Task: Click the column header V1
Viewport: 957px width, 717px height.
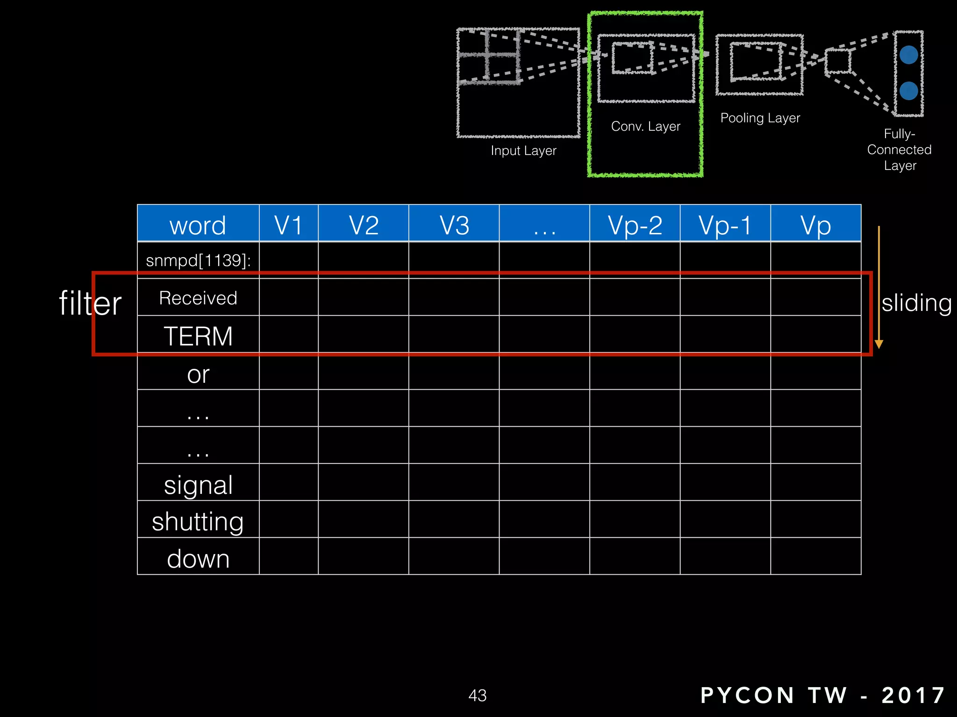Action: (x=288, y=225)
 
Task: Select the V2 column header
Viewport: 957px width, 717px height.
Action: (x=364, y=225)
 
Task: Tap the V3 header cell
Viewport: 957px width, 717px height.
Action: (x=454, y=225)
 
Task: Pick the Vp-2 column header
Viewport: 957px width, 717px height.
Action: (x=635, y=225)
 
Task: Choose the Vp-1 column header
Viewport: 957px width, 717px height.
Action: (x=725, y=225)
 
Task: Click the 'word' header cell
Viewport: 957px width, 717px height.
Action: (x=198, y=225)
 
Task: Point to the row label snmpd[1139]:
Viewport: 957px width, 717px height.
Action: (x=198, y=260)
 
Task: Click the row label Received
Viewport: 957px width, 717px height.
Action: (x=198, y=298)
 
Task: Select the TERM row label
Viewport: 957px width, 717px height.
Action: (x=198, y=336)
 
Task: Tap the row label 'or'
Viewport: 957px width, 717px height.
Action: (x=198, y=374)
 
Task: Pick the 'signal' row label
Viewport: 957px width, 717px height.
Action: (x=198, y=485)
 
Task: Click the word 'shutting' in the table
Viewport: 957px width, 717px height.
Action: (x=198, y=521)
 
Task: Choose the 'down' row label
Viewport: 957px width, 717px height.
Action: (x=198, y=559)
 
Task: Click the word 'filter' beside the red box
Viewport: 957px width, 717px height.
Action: (x=90, y=303)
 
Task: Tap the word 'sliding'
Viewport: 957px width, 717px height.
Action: (x=916, y=303)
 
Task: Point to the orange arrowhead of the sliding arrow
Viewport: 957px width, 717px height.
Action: (x=879, y=344)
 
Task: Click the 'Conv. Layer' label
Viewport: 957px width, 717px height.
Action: (x=645, y=127)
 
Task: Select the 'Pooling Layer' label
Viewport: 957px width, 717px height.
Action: (x=760, y=118)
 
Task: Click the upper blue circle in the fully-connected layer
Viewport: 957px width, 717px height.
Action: (x=908, y=55)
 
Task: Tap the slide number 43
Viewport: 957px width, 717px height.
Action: (x=478, y=696)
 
